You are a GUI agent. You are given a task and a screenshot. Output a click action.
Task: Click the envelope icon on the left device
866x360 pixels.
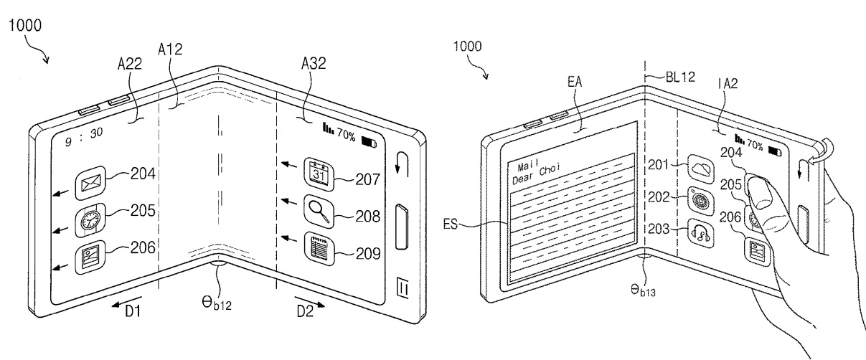[x=90, y=183]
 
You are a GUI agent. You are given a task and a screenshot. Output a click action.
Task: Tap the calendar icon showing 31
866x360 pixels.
[x=319, y=174]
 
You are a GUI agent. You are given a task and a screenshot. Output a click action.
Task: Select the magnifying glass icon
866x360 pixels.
[x=319, y=212]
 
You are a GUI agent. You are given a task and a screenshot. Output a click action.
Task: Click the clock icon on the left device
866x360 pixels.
[x=90, y=220]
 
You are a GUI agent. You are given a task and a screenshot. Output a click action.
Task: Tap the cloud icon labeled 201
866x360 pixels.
[x=701, y=169]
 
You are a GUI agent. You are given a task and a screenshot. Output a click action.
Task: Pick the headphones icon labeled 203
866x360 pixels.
[x=701, y=234]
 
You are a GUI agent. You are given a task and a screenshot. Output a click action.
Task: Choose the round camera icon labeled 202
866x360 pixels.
[x=701, y=202]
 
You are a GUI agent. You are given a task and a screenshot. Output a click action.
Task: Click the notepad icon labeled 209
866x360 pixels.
[x=319, y=248]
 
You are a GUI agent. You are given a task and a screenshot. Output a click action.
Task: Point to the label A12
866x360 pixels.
[x=170, y=49]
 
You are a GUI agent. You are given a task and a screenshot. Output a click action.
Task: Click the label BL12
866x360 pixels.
[x=680, y=77]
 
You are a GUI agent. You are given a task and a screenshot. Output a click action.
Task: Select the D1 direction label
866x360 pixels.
[x=133, y=311]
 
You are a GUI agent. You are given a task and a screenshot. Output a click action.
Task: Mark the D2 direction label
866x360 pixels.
[x=305, y=311]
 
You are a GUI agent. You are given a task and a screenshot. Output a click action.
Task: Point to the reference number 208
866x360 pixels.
[x=367, y=217]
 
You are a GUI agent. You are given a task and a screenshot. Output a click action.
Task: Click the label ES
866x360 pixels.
[x=451, y=224]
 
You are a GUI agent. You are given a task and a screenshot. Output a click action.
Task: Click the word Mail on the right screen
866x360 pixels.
[x=528, y=166]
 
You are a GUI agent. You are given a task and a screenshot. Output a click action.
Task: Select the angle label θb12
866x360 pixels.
[x=217, y=303]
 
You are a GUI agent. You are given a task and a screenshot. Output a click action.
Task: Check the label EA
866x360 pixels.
[x=575, y=82]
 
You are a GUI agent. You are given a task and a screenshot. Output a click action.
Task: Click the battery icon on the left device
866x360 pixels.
[x=369, y=142]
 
